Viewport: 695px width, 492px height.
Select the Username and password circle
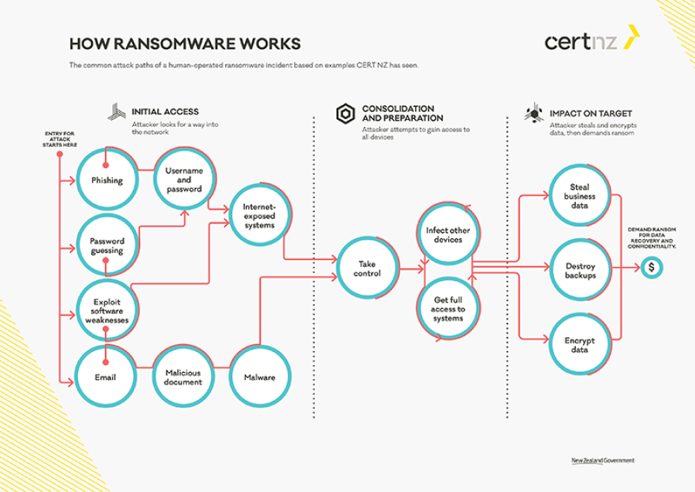tap(183, 179)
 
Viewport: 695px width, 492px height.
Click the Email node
tap(106, 377)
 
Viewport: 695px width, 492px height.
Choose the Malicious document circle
tap(183, 377)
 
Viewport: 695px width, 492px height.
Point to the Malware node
tap(260, 377)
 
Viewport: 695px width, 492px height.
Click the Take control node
tap(367, 268)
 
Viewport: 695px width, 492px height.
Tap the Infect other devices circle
tap(448, 234)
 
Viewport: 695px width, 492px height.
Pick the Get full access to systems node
tap(448, 309)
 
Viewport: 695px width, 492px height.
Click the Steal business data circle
tap(579, 196)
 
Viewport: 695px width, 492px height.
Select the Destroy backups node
tap(579, 270)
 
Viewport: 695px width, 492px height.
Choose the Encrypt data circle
tap(579, 344)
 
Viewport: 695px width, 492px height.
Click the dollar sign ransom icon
tap(652, 268)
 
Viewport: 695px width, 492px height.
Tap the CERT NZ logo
tap(592, 40)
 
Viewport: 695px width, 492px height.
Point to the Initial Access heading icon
tap(116, 111)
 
